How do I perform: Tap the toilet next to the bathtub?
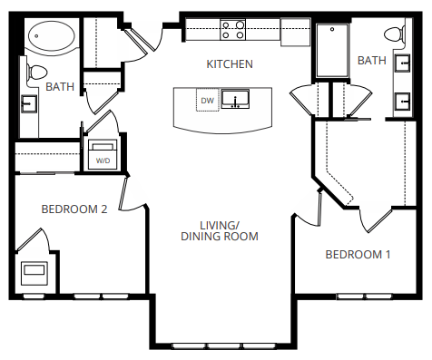pos(36,71)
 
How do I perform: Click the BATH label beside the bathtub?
pos(60,87)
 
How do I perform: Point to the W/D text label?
pos(102,161)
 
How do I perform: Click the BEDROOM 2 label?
pos(74,209)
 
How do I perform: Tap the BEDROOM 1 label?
pos(358,254)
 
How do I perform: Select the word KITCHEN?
pos(229,64)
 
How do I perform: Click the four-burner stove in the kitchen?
pos(233,31)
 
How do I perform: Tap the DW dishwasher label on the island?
pos(207,101)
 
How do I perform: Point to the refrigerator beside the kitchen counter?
pos(295,31)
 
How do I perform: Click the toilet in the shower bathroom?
pos(394,35)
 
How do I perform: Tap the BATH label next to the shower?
pos(371,61)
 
